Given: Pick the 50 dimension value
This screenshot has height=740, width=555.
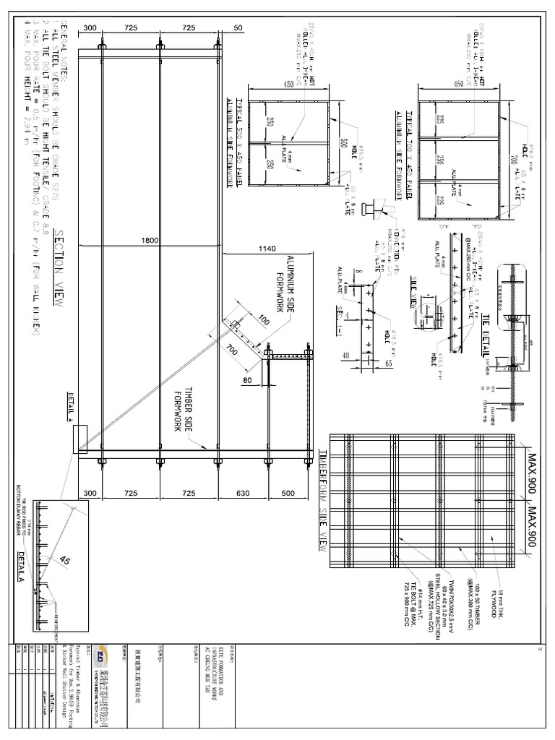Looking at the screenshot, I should pyautogui.click(x=238, y=27).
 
